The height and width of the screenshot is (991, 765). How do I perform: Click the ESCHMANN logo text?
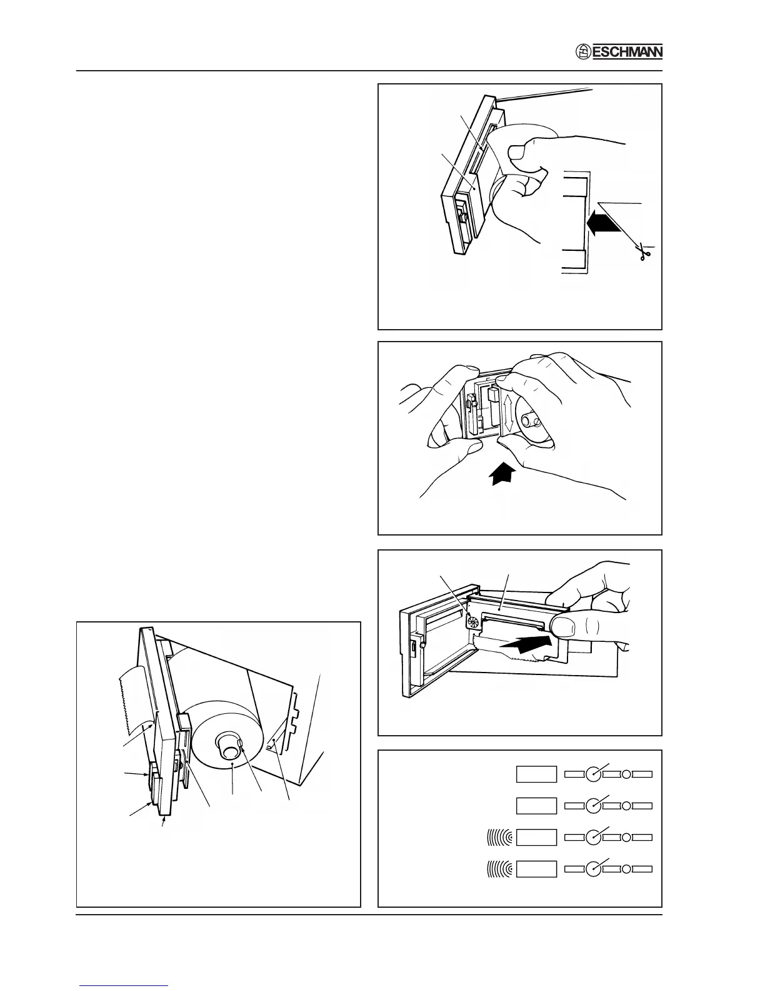click(x=627, y=53)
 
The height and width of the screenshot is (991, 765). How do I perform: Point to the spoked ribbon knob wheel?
click(x=473, y=623)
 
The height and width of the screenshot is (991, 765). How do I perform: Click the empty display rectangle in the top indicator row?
click(x=536, y=774)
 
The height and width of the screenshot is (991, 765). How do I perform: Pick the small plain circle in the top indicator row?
click(x=626, y=774)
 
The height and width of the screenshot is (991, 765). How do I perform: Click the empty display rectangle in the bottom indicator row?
click(x=536, y=869)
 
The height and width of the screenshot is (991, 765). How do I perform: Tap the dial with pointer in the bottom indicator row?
click(x=594, y=869)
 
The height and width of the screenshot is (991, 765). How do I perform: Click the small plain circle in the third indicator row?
click(x=626, y=836)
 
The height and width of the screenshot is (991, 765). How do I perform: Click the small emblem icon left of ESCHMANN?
click(x=582, y=53)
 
